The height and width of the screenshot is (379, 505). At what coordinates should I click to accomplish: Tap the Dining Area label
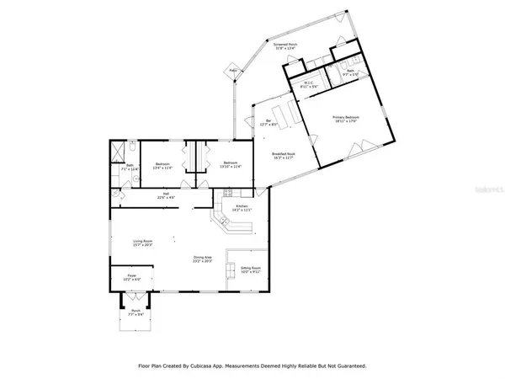202,259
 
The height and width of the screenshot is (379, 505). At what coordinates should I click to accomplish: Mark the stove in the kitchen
227,194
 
